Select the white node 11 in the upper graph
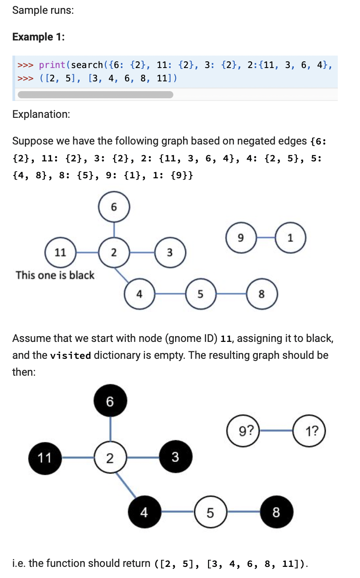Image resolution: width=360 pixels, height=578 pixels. tap(60, 253)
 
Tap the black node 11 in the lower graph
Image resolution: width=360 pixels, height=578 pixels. tap(45, 458)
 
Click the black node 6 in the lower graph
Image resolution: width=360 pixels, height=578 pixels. tap(110, 401)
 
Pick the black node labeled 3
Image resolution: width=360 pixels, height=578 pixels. tap(176, 457)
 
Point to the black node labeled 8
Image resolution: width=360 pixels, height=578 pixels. tap(276, 513)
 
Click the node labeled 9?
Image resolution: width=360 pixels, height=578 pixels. tap(244, 431)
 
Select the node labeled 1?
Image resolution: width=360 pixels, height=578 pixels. tap(310, 431)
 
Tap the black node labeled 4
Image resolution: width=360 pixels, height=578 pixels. tap(144, 513)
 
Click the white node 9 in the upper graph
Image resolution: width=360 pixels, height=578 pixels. tap(240, 238)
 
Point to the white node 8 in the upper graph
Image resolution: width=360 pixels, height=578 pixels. tap(262, 293)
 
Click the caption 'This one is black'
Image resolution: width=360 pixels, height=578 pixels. tap(55, 275)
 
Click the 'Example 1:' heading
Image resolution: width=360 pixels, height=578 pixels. tap(39, 37)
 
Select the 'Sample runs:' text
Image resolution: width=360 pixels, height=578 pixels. tap(43, 10)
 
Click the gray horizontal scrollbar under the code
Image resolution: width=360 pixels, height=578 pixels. tap(95, 94)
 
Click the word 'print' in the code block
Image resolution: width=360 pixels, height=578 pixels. tap(52, 65)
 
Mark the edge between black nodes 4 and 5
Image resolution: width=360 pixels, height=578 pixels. tap(177, 512)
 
